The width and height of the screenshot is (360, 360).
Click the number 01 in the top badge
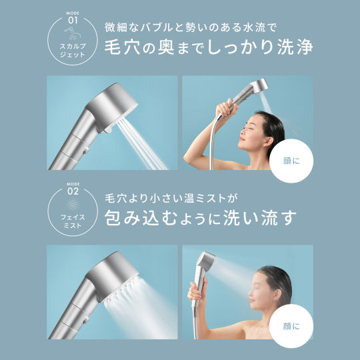tap(73, 21)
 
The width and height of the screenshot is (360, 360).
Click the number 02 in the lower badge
tap(73, 191)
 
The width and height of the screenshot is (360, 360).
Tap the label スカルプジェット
tap(72, 51)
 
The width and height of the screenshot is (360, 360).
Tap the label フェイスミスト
tap(73, 221)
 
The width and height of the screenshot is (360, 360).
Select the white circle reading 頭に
tap(291, 161)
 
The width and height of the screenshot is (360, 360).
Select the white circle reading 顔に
tap(291, 326)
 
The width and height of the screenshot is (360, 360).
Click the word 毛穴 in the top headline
tap(122, 47)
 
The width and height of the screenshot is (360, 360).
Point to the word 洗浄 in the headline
tap(295, 47)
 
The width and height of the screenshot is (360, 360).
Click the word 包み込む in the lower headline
tap(141, 217)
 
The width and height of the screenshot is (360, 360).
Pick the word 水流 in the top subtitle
tap(250, 27)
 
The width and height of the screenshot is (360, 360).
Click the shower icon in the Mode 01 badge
tap(73, 33)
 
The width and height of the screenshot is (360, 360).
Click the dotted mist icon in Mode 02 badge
tap(73, 204)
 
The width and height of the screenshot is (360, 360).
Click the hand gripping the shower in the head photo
tap(225, 109)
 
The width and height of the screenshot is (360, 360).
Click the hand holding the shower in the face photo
tap(197, 290)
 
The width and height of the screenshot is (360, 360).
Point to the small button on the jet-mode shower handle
tap(86, 151)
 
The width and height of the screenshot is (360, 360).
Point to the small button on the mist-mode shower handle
tap(86, 319)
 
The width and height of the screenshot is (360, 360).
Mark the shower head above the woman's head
tap(259, 86)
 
